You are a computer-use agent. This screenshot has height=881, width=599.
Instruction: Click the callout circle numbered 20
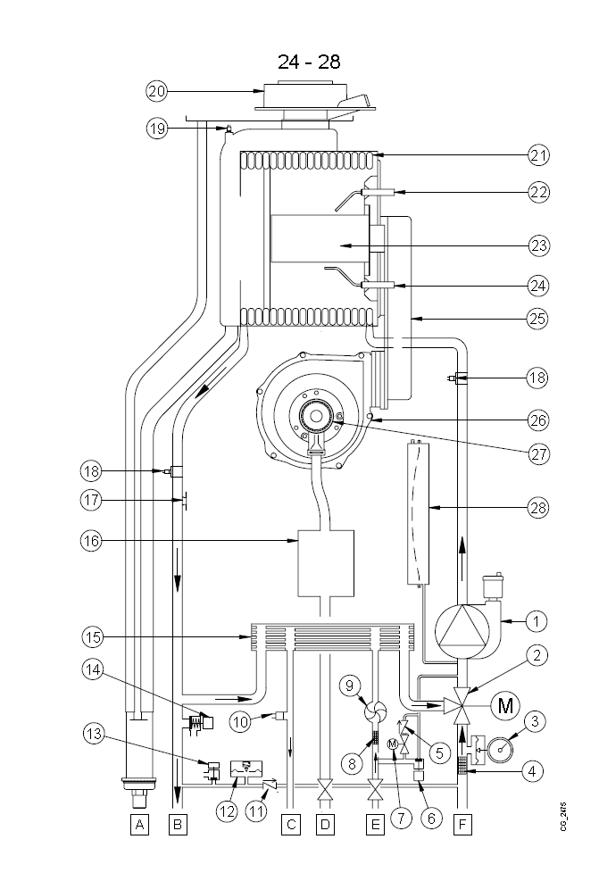156,90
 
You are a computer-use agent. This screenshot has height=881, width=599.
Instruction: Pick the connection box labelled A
138,826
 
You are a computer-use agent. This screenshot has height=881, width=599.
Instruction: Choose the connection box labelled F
462,826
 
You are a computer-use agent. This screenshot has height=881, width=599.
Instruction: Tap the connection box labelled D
326,826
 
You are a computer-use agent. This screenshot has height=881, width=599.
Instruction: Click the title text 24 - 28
308,61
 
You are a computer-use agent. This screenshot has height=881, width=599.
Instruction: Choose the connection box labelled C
290,826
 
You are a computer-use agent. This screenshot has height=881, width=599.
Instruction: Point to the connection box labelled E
375,826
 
